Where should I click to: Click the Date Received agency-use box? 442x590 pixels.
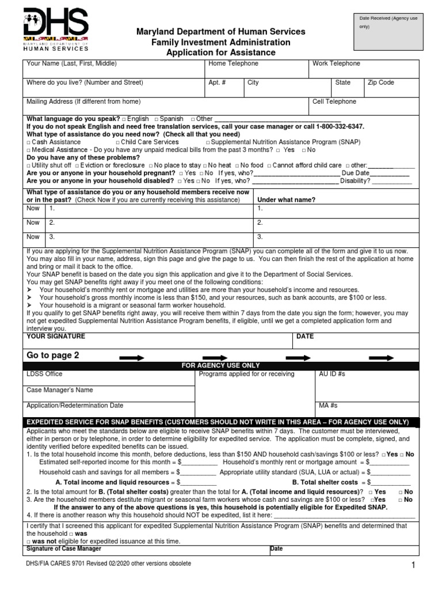388,32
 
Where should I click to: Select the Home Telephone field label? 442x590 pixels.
233,63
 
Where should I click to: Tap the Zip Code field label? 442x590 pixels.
381,82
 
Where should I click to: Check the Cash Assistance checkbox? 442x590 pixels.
29,142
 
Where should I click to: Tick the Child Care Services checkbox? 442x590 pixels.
117,142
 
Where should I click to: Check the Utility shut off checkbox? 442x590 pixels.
29,165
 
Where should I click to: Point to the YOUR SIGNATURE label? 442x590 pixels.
56,336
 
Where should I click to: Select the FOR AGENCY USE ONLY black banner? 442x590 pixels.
221,365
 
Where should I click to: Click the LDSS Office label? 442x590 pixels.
45,374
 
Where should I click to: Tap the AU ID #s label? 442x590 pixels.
331,374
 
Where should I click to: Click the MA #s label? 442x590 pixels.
327,405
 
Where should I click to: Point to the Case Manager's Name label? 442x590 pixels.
60,389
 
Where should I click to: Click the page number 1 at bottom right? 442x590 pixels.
413,566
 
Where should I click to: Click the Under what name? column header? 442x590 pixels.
286,199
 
